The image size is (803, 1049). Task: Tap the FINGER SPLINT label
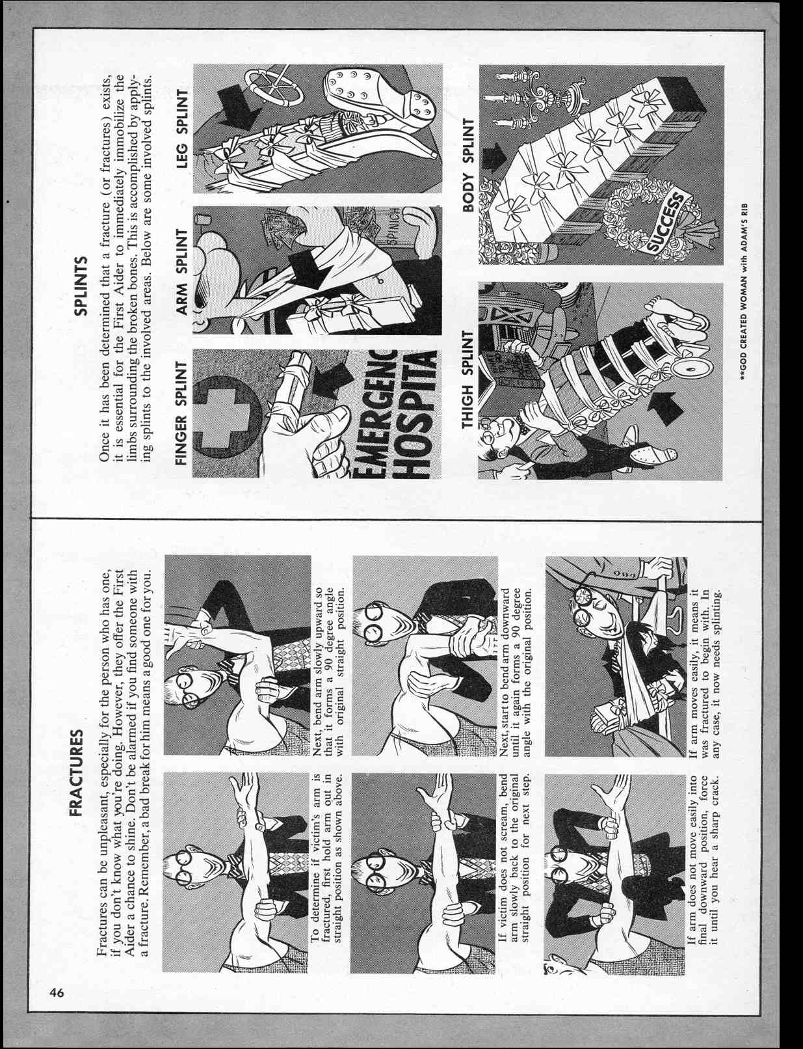point(181,414)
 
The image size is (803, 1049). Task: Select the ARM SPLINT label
point(181,270)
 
